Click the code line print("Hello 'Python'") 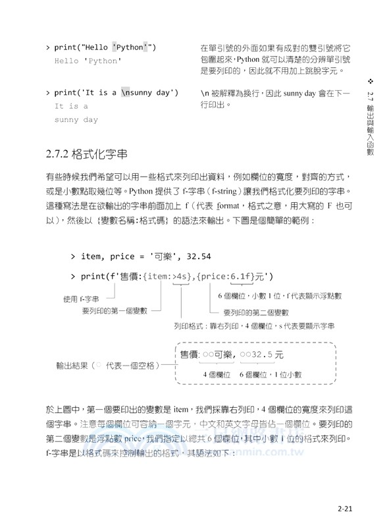point(105,47)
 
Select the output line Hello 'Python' point(88,61)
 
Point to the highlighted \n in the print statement point(128,93)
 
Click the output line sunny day point(76,120)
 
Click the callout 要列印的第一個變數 point(115,310)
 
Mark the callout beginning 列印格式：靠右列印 point(254,326)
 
